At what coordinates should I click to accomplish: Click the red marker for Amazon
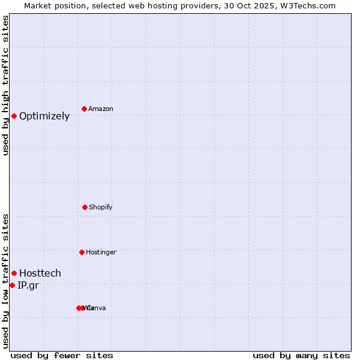point(85,109)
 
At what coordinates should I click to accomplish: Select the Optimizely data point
point(14,116)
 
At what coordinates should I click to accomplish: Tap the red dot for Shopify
point(85,207)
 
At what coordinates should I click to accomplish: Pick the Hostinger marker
point(82,252)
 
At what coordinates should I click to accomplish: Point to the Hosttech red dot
point(14,273)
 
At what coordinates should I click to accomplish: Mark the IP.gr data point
point(12,285)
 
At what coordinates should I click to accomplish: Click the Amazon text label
point(101,109)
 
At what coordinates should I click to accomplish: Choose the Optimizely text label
point(44,116)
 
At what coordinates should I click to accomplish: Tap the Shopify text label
point(101,207)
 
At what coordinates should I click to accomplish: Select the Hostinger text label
point(101,252)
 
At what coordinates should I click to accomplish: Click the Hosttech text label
point(40,274)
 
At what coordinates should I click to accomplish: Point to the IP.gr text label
point(28,286)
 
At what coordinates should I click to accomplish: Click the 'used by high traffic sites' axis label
point(5,85)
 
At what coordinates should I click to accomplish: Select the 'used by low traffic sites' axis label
point(5,281)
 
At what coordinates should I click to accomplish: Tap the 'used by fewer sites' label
point(62,355)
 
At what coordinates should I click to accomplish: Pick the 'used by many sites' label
point(301,355)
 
